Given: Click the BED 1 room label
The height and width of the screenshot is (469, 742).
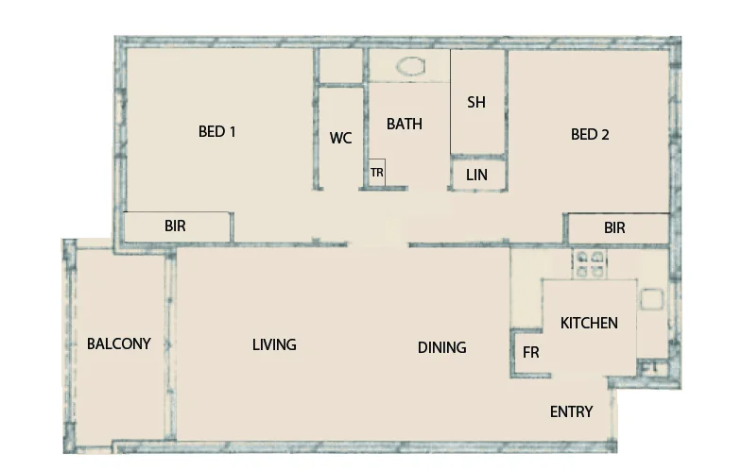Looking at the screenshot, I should pos(216,132).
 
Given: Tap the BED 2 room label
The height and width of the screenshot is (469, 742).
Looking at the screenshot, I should pos(590,134).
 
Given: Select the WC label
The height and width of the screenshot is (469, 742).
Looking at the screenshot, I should pos(340,138).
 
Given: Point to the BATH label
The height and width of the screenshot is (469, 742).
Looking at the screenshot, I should pos(405,124).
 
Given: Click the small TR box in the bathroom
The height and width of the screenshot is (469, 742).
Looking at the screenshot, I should pos(376,173).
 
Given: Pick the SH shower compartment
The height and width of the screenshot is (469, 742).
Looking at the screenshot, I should pos(476,102).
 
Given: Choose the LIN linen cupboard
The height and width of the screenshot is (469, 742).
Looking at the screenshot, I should pos(476,175).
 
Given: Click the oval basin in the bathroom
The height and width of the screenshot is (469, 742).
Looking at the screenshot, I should pos(412,67).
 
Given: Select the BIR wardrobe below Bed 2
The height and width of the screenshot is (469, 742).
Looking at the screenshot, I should pos(615,227).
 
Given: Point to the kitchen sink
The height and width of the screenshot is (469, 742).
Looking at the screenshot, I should pos(653,300).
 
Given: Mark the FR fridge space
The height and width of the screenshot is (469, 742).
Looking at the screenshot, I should pos(531,352).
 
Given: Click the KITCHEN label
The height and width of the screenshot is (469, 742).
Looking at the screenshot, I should pos(589,323).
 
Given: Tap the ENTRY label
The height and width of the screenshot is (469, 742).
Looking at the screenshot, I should pos(571,411).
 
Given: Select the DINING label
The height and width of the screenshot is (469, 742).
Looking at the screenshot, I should pos(441,347).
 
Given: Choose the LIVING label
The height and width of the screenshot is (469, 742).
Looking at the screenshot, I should pos(274,344).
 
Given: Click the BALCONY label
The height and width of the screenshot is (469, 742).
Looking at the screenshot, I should pos(118,343).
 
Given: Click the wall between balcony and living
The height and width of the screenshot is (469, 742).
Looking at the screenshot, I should pos(171,344).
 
